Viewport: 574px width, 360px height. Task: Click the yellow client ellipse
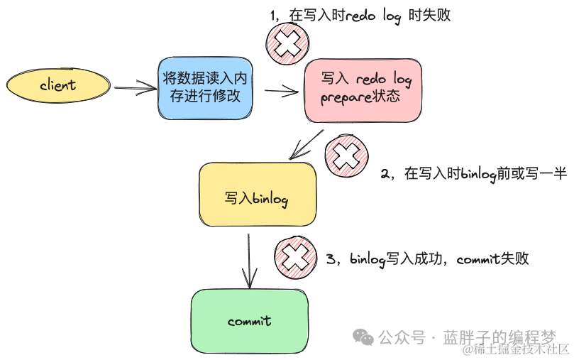tap(58, 85)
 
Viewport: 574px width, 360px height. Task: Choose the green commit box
tap(249, 321)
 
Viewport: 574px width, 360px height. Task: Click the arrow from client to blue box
tap(135, 88)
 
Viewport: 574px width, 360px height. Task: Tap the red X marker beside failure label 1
tap(287, 45)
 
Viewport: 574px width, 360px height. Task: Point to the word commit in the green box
tap(249, 321)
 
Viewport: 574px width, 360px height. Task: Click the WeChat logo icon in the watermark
tap(363, 336)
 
